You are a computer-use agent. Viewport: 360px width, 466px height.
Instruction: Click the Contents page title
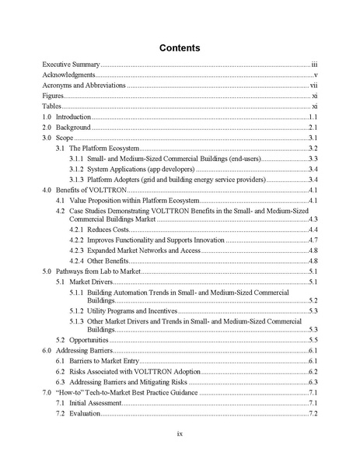(180, 48)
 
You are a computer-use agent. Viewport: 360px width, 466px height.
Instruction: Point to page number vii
(313, 85)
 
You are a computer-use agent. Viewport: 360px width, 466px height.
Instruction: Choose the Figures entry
(54, 95)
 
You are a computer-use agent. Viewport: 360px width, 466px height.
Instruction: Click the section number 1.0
(47, 116)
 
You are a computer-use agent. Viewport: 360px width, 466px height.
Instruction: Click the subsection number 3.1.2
(76, 169)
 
